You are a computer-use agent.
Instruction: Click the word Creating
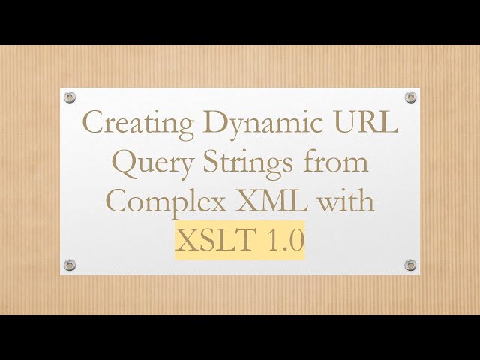pos(126,122)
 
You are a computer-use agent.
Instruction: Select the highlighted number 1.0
pos(281,241)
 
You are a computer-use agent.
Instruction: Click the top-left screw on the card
pos(70,97)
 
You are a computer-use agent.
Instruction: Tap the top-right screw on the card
pos(410,97)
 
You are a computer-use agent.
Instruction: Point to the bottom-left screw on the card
pos(70,265)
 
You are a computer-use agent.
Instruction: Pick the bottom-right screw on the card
pos(410,265)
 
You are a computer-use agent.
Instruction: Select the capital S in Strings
pos(213,162)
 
